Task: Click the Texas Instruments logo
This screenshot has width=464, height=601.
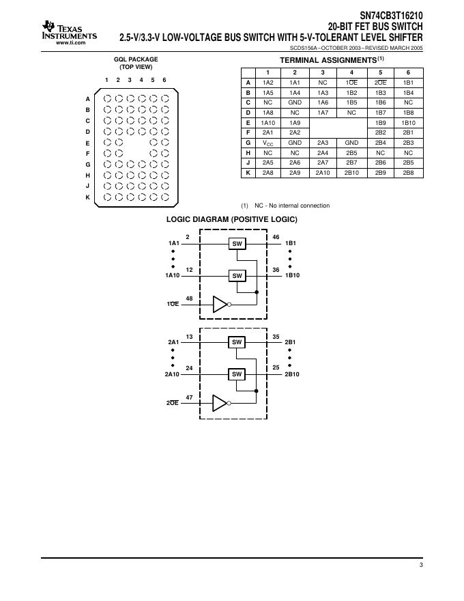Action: (68, 32)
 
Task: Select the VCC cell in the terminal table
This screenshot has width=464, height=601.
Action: (267, 143)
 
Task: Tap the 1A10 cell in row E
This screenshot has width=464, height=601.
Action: (267, 122)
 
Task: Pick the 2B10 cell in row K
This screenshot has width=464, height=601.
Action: (351, 173)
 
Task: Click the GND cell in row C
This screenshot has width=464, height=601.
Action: (295, 102)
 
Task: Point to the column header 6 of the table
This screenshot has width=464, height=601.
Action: (408, 72)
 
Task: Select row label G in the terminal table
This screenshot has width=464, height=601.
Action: (248, 143)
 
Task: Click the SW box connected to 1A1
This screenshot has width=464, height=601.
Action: (237, 243)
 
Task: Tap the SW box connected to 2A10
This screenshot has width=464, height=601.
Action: (237, 374)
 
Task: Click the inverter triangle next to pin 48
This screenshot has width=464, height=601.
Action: (220, 304)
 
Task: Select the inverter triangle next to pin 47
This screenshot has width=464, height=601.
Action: (220, 403)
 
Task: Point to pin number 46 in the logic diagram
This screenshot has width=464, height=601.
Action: (276, 236)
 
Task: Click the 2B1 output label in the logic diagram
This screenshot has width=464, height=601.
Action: (290, 341)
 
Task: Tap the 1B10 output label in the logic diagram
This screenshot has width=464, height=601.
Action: (291, 276)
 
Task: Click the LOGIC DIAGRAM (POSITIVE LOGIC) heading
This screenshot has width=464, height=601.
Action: (232, 219)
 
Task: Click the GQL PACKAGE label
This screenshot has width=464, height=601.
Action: (135, 60)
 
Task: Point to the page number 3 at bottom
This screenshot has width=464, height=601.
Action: (421, 565)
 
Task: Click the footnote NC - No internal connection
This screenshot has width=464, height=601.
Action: (291, 206)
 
